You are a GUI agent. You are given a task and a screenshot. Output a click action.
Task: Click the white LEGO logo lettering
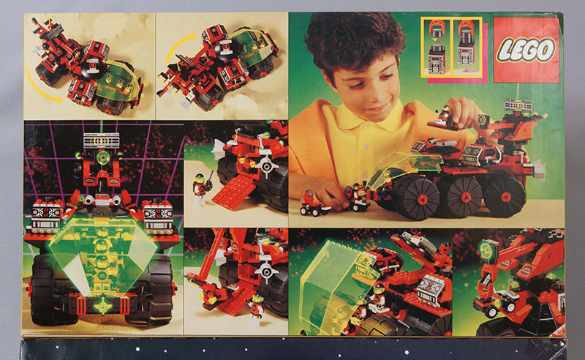526,50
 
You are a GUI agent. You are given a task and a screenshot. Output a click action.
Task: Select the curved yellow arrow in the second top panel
178,45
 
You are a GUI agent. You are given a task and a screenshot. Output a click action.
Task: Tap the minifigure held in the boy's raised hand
444,115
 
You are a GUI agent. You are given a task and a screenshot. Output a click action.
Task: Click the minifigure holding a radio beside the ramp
200,189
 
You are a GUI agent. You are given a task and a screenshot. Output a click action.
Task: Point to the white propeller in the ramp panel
266,165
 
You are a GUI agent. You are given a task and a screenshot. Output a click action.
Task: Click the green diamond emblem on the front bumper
102,304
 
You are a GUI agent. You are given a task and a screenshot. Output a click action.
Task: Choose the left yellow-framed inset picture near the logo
437,48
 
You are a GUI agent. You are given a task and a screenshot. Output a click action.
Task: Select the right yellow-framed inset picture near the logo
467,48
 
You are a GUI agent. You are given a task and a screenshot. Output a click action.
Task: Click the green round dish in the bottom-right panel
487,249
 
